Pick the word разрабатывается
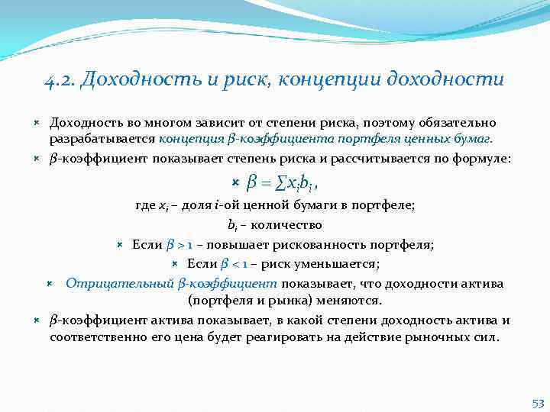pyautogui.click(x=103, y=139)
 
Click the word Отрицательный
pyautogui.click(x=120, y=283)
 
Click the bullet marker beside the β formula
pyautogui.click(x=235, y=182)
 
